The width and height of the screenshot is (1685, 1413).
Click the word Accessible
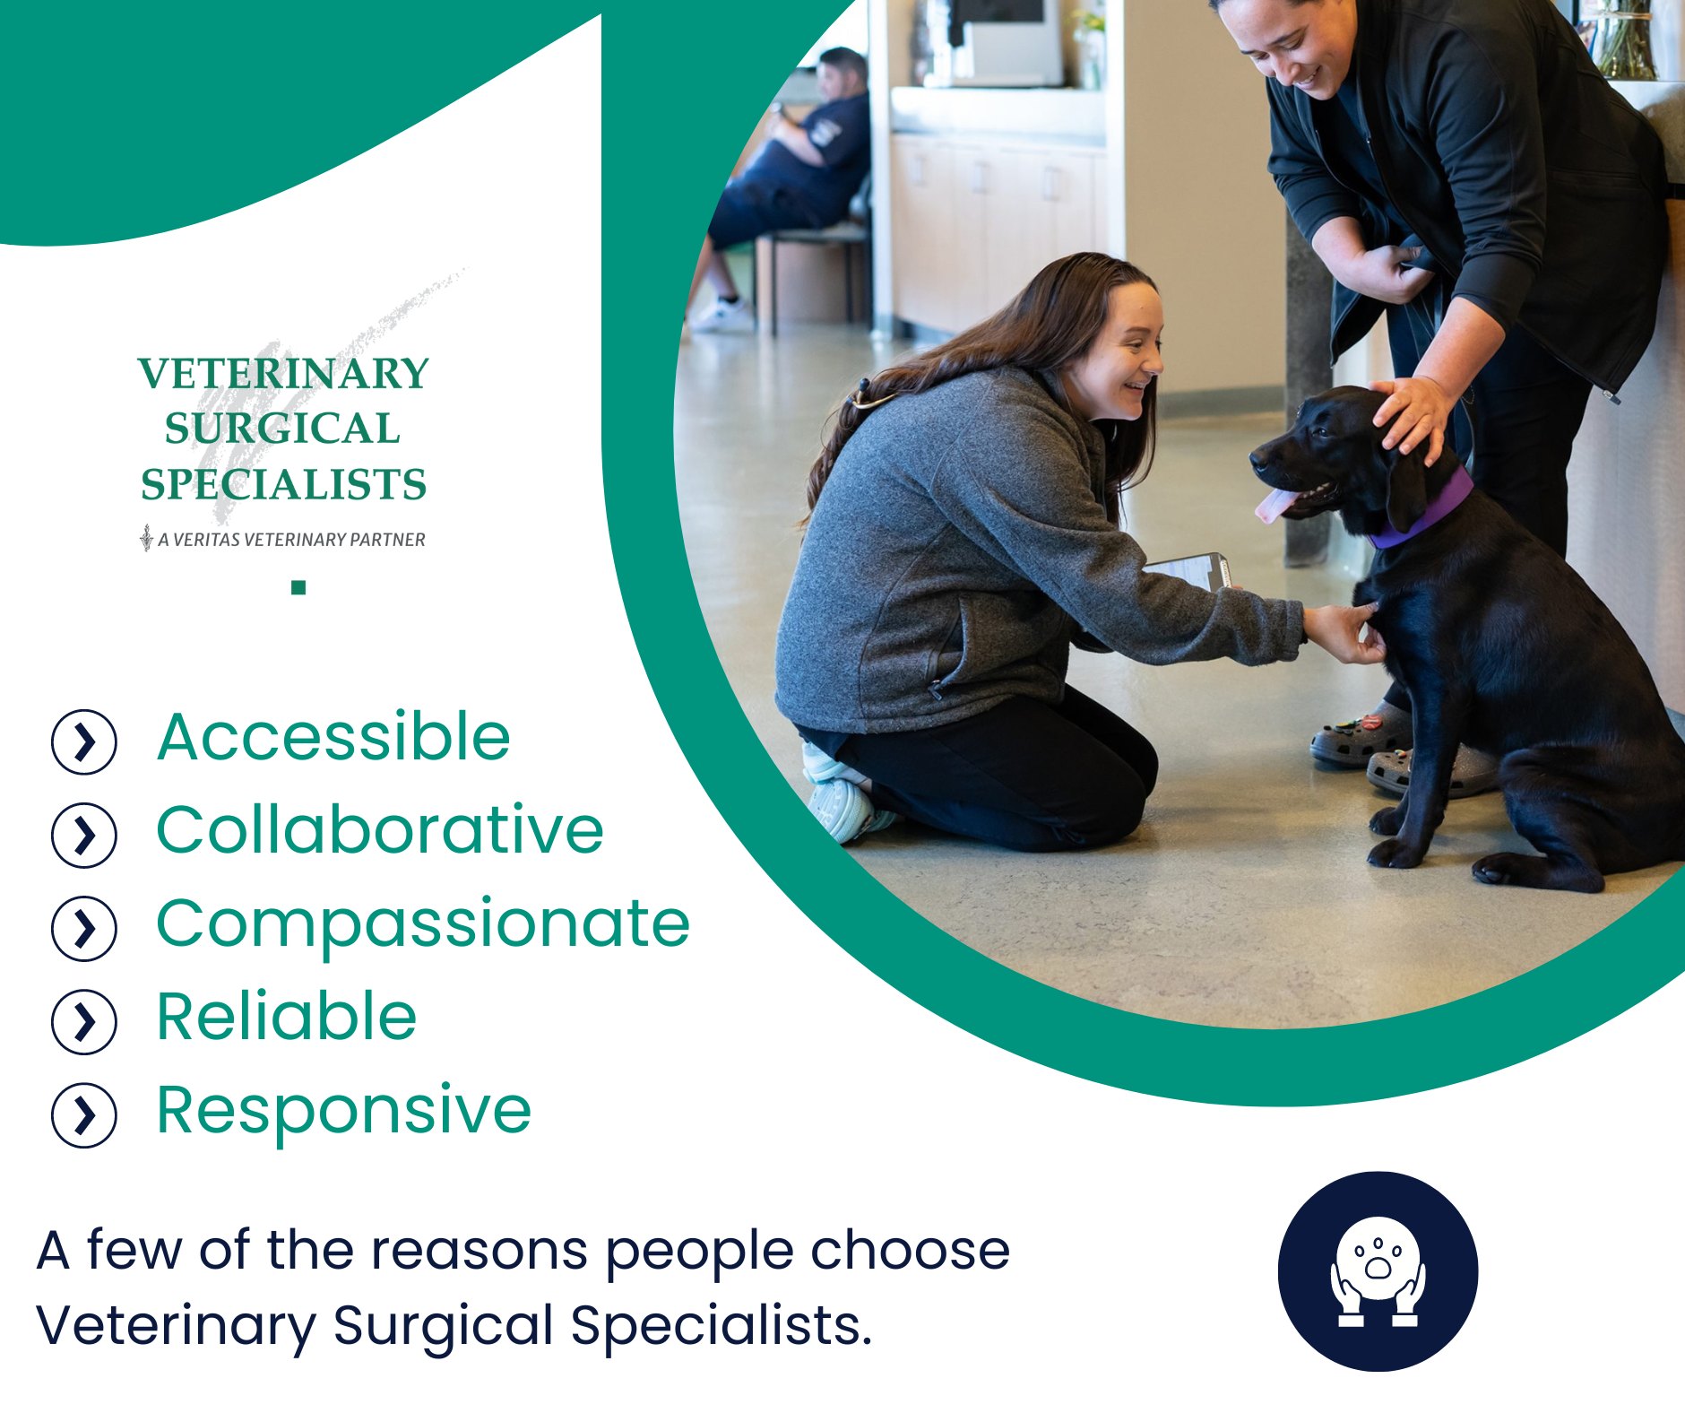pyautogui.click(x=333, y=737)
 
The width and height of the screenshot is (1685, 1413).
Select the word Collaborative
pyautogui.click(x=380, y=829)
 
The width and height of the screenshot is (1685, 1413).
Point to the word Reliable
pyautogui.click(x=287, y=1017)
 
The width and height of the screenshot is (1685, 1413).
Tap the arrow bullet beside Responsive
pyautogui.click(x=84, y=1115)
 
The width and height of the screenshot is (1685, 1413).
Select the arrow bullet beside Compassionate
pyautogui.click(x=84, y=929)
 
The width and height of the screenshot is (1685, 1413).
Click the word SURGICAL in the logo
pyautogui.click(x=282, y=429)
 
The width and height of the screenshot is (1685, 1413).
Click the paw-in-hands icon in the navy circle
pyautogui.click(x=1378, y=1271)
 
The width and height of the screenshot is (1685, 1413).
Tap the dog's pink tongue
pyautogui.click(x=1275, y=505)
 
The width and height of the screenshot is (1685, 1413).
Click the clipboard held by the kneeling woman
pyautogui.click(x=1188, y=570)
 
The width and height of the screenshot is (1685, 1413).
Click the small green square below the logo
pyautogui.click(x=298, y=588)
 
